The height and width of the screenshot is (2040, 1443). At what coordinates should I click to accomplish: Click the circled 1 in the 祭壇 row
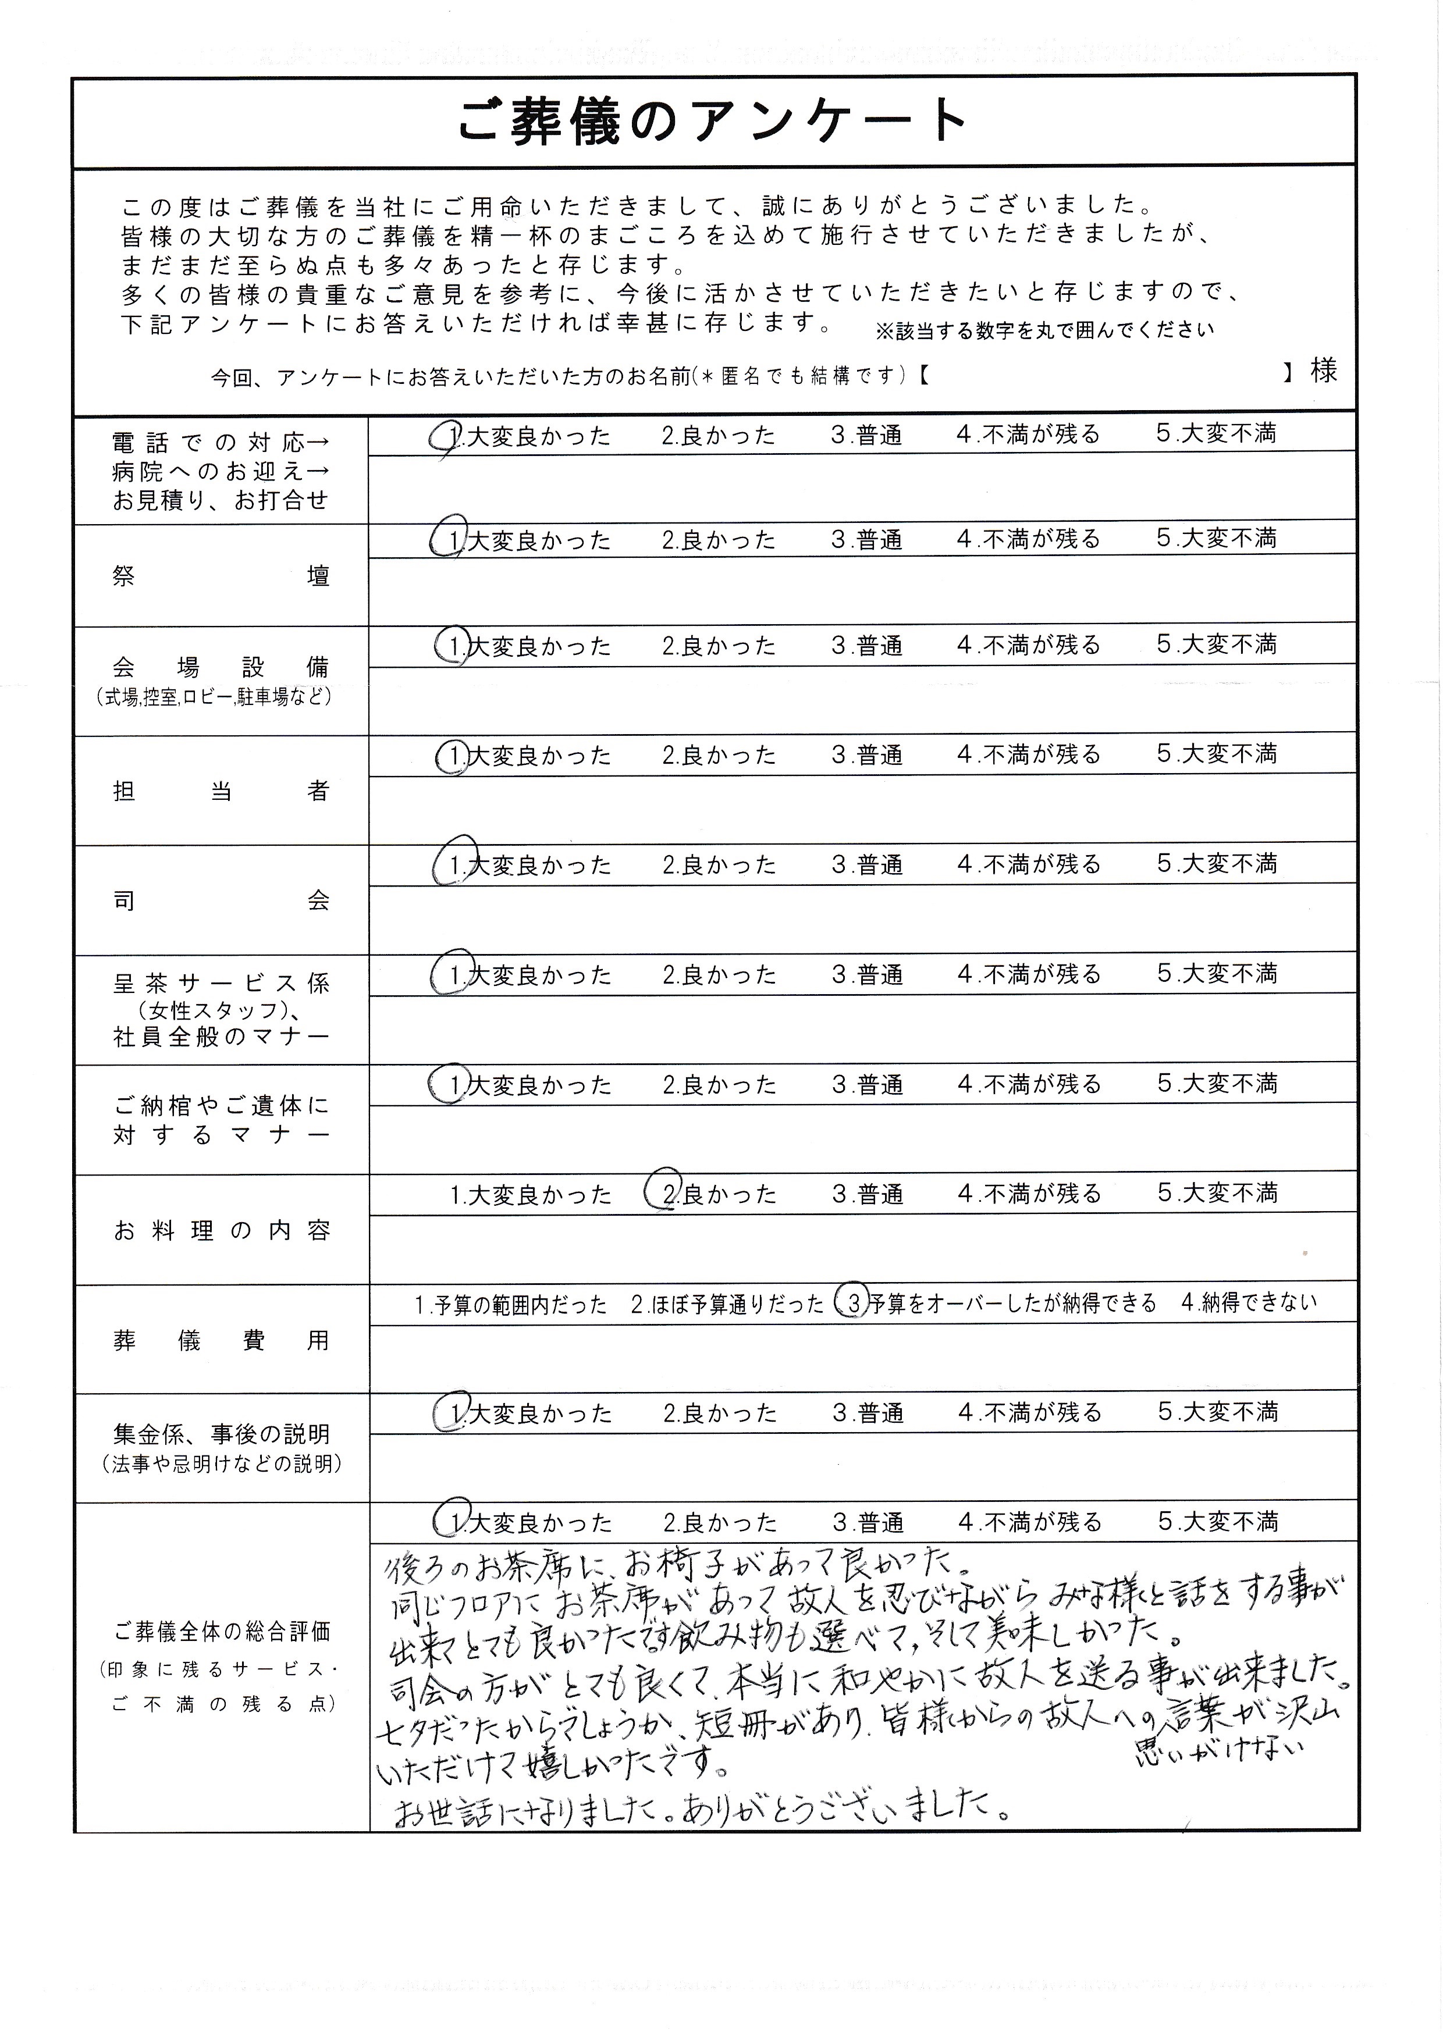(448, 539)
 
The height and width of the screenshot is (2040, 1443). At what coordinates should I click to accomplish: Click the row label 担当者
(221, 791)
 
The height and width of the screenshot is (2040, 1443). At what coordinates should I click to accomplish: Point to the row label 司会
(221, 900)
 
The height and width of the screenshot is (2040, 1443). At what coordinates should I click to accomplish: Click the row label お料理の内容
(221, 1230)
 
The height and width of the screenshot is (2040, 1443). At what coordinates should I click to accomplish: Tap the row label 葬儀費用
(221, 1340)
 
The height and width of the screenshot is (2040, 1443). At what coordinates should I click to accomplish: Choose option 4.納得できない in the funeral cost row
(1249, 1302)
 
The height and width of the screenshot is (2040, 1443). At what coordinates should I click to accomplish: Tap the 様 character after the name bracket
(1323, 371)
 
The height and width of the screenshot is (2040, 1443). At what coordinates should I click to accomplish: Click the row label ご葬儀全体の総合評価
(221, 1631)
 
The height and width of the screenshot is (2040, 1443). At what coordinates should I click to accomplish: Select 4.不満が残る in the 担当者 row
(1028, 755)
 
